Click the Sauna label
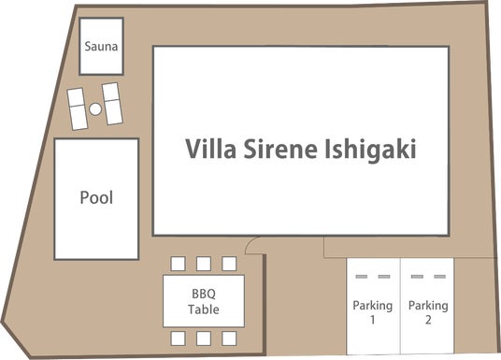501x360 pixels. pyautogui.click(x=101, y=47)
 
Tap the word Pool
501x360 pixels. pyautogui.click(x=96, y=197)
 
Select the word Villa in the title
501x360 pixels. pyautogui.click(x=211, y=149)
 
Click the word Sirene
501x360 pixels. pyautogui.click(x=280, y=149)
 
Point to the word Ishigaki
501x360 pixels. pyautogui.click(x=371, y=151)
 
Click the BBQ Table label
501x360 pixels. pyautogui.click(x=204, y=301)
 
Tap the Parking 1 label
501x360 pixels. pyautogui.click(x=373, y=312)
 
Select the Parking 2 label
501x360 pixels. pyautogui.click(x=428, y=312)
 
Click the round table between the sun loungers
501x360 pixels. pyautogui.click(x=95, y=109)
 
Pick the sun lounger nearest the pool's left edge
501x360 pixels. pyautogui.click(x=78, y=109)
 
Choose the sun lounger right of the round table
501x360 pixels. pyautogui.click(x=112, y=104)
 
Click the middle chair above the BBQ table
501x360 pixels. pyautogui.click(x=204, y=264)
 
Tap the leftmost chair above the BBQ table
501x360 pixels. pyautogui.click(x=178, y=264)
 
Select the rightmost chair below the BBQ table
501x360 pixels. pyautogui.click(x=229, y=338)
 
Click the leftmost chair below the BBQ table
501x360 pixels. pyautogui.click(x=178, y=338)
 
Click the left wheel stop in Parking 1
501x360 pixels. pyautogui.click(x=362, y=277)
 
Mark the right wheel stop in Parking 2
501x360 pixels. pyautogui.click(x=439, y=277)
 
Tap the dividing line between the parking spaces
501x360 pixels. pyautogui.click(x=400, y=306)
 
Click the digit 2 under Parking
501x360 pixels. pyautogui.click(x=428, y=320)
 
